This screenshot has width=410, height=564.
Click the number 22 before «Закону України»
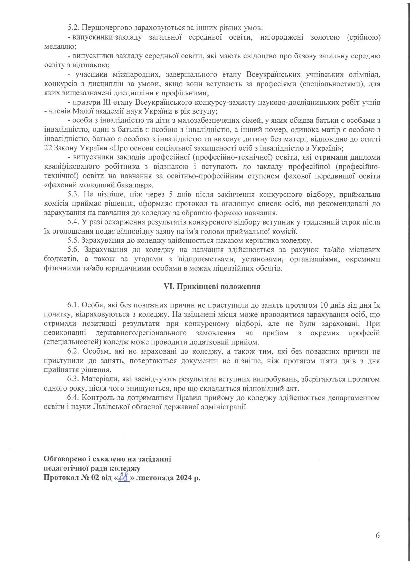[x=47, y=148]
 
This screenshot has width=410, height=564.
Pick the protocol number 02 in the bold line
[x=91, y=478]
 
